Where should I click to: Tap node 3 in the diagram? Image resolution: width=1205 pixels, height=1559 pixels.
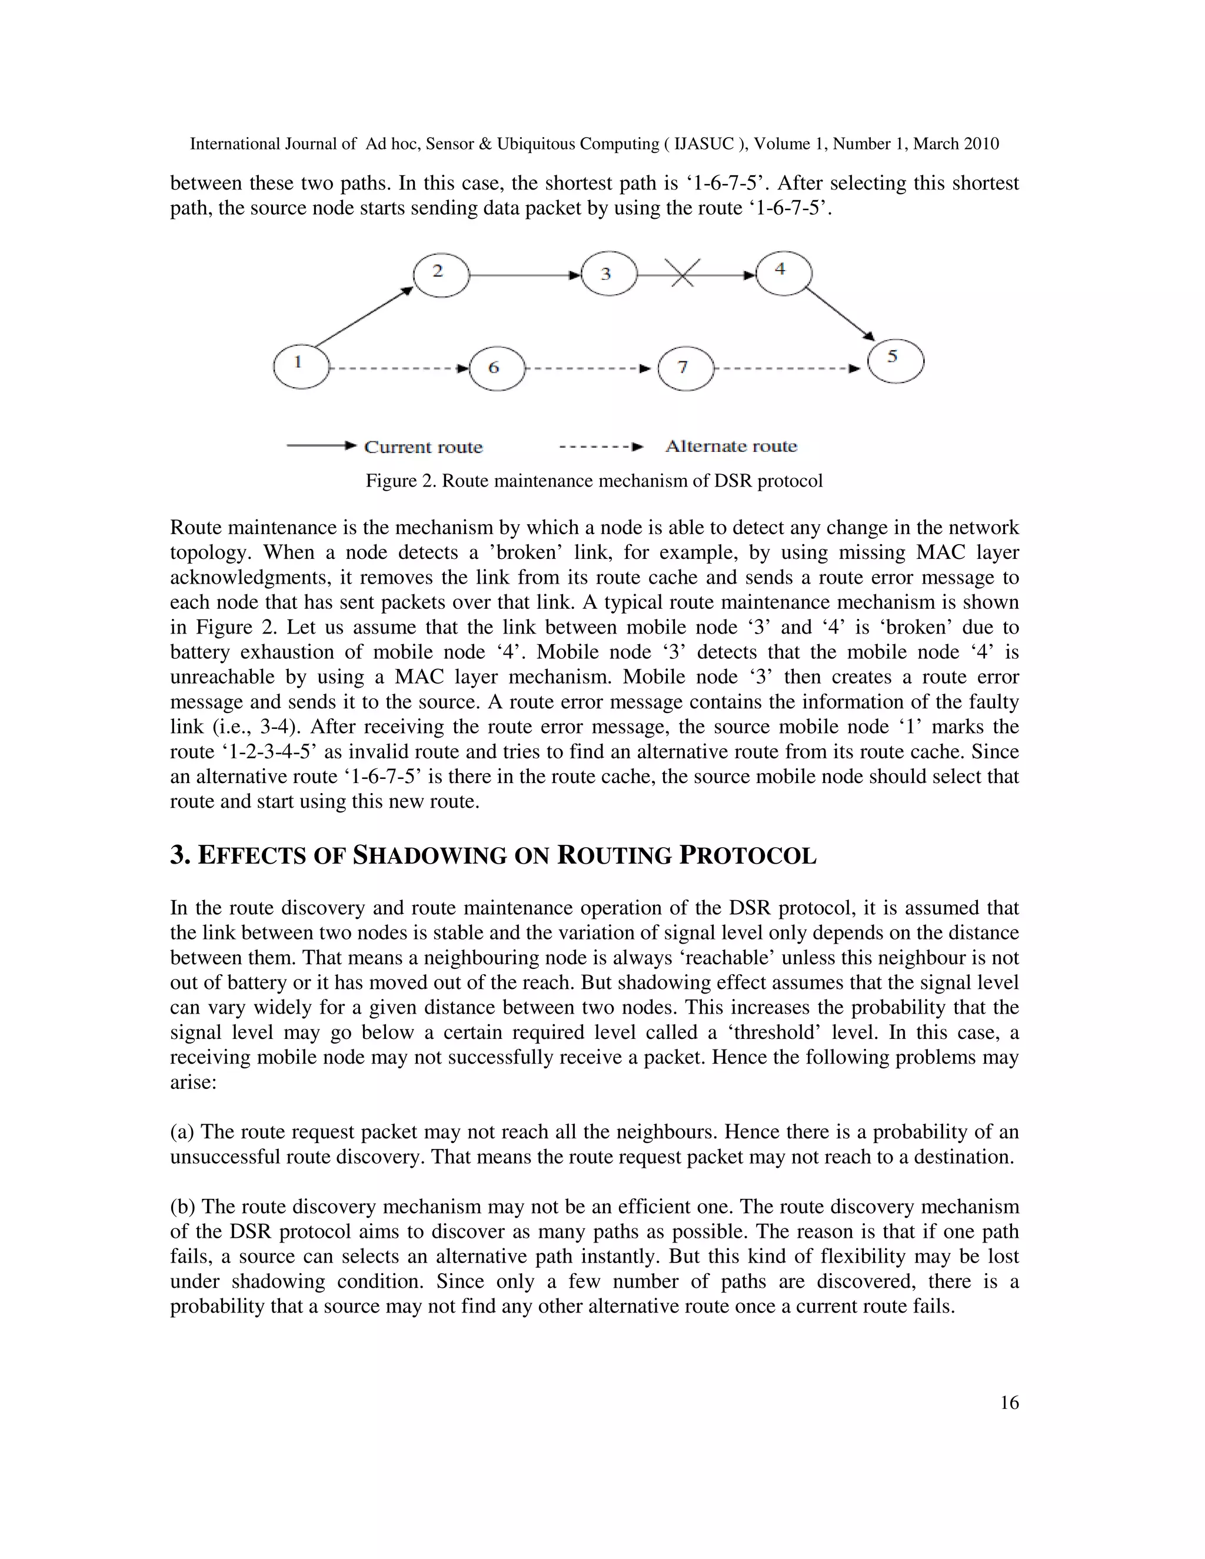(608, 274)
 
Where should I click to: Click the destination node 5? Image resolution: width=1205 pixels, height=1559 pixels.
(895, 361)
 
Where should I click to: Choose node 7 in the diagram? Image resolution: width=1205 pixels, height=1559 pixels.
(685, 368)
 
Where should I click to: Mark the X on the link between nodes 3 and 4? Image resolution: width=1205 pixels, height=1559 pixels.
(683, 274)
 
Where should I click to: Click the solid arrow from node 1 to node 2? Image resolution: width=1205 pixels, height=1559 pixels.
(364, 317)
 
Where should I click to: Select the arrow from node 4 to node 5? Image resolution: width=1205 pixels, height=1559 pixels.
(840, 312)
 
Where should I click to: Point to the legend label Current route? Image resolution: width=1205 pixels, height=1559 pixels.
(423, 448)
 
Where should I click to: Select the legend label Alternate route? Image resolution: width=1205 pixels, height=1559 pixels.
(731, 446)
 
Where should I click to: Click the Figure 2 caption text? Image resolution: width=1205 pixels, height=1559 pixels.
(594, 481)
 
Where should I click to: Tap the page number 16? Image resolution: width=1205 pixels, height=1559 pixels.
(1008, 1403)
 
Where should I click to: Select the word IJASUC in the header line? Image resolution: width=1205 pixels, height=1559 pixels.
(704, 144)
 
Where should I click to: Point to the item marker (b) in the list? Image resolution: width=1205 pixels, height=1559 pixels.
(184, 1207)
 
